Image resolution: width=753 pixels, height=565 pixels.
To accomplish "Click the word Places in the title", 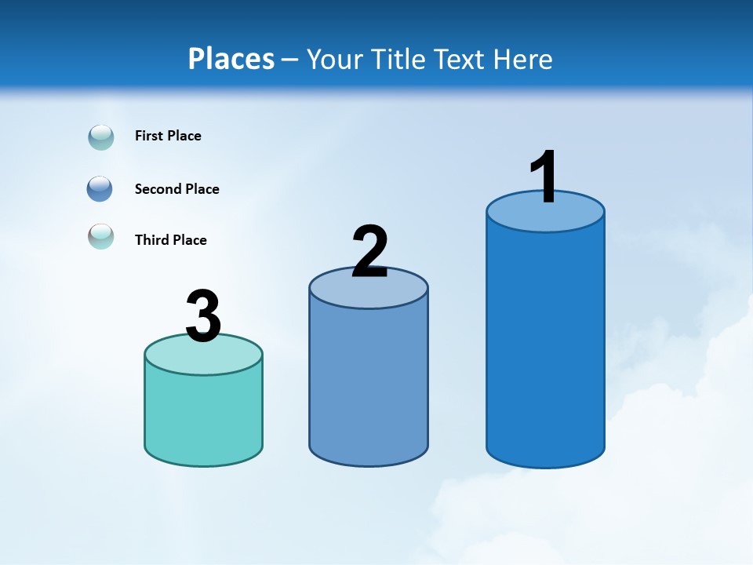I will click(x=231, y=59).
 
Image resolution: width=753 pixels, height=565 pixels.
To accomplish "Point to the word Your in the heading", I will click(x=335, y=59).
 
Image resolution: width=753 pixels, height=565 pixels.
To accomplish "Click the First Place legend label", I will click(x=168, y=136).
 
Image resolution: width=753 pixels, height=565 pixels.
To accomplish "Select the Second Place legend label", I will click(x=176, y=189).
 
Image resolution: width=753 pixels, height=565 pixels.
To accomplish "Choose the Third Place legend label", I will click(x=170, y=240).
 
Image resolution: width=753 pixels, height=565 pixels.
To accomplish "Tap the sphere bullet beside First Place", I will click(x=101, y=137).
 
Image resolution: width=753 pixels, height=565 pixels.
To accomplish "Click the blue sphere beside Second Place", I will click(x=100, y=189).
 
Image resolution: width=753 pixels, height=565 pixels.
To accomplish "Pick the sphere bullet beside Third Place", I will click(x=101, y=236).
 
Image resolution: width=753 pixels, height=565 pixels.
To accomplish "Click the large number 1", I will click(x=544, y=177).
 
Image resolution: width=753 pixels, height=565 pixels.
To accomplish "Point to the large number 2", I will click(x=369, y=251).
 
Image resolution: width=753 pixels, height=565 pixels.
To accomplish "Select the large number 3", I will click(x=203, y=316).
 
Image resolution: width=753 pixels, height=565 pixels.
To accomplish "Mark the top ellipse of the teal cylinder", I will click(x=203, y=358).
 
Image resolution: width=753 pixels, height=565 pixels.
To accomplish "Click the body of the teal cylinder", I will click(x=203, y=416).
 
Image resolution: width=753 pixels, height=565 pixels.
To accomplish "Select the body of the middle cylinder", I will click(x=369, y=385).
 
